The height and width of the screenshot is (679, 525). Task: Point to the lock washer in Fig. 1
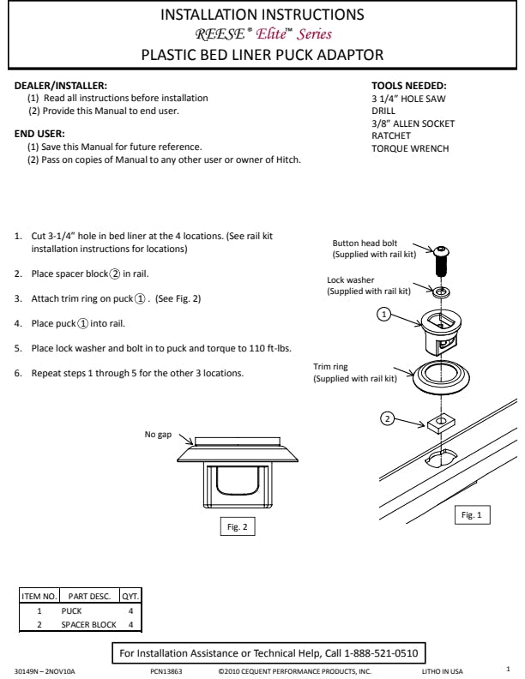click(442, 292)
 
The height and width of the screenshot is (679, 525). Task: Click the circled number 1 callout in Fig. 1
click(385, 315)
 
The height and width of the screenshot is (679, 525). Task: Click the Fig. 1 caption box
click(472, 515)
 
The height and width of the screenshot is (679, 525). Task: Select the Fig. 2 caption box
click(238, 527)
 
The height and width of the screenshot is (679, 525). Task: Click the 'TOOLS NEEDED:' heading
click(409, 86)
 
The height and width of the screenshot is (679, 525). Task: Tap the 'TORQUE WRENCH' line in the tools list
click(410, 148)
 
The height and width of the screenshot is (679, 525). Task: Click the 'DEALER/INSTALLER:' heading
click(61, 86)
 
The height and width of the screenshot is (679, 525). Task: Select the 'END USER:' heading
click(40, 134)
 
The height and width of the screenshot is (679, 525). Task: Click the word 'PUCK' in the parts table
click(71, 611)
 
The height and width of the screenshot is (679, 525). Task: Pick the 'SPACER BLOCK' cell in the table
click(88, 625)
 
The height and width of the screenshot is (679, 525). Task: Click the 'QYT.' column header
click(130, 596)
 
